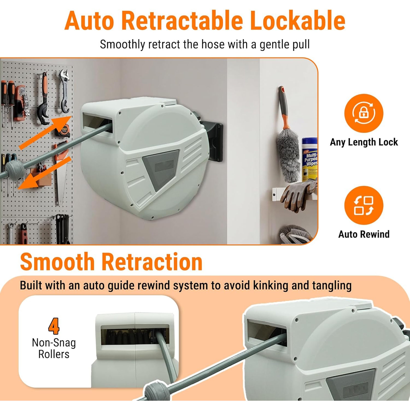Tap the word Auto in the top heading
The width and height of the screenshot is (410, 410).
(x=89, y=21)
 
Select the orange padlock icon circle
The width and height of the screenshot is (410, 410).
(x=364, y=113)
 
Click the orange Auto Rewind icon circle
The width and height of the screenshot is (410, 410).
(x=364, y=205)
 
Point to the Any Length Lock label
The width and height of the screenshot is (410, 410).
(x=364, y=142)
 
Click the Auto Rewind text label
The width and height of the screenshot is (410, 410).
(x=364, y=234)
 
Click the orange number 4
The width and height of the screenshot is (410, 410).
(x=54, y=326)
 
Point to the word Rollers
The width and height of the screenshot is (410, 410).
(x=54, y=354)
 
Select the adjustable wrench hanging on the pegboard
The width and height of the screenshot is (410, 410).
(x=64, y=91)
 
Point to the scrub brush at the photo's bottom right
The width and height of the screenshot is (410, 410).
(x=295, y=233)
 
